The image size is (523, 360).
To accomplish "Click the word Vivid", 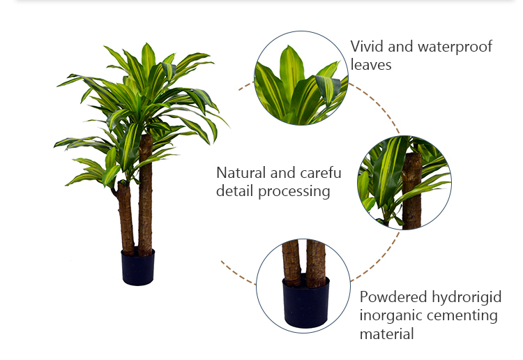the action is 367,46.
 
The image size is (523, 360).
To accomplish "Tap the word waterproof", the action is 455,47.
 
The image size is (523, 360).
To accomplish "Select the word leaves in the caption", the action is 371,64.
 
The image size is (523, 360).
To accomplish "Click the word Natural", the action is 241,173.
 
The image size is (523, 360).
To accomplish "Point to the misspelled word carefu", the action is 321,173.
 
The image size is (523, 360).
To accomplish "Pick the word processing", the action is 294,192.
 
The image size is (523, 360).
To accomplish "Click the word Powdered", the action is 393,297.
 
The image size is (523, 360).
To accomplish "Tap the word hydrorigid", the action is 467,298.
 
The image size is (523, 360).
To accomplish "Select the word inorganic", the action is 386,315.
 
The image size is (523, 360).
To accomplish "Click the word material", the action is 386,334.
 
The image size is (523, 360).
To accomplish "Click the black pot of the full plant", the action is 138,268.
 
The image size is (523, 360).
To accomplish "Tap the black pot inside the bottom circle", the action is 306,302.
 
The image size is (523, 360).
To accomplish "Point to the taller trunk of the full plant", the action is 145,195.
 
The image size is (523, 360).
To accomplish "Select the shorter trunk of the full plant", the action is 126,218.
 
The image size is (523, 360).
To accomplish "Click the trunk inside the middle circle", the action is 411,191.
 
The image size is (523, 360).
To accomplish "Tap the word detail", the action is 234,191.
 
